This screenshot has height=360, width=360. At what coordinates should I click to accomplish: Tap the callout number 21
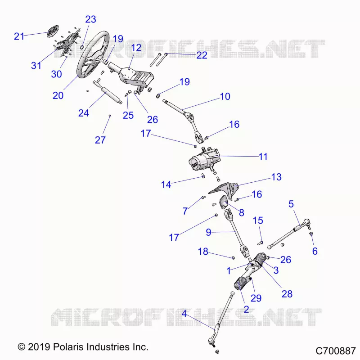pyautogui.click(x=19, y=36)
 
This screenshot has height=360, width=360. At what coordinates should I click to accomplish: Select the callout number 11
pyautogui.click(x=263, y=157)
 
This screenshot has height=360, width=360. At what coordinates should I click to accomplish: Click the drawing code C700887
pyautogui.click(x=336, y=351)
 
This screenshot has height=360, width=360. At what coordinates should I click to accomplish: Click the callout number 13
pyautogui.click(x=276, y=177)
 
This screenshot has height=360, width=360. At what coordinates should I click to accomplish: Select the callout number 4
pyautogui.click(x=184, y=313)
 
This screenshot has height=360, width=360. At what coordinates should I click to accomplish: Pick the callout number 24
pyautogui.click(x=84, y=113)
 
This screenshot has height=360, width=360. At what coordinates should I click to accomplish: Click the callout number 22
pyautogui.click(x=202, y=55)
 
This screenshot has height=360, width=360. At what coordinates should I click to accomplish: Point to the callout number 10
pyautogui.click(x=225, y=96)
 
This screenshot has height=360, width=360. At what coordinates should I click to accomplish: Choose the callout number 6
pyautogui.click(x=315, y=251)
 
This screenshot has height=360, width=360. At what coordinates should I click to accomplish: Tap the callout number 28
pyautogui.click(x=287, y=294)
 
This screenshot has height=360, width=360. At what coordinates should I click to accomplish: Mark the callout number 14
pyautogui.click(x=166, y=184)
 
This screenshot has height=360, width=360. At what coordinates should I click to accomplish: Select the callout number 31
pyautogui.click(x=36, y=66)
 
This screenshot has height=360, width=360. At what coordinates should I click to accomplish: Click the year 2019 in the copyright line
pyautogui.click(x=39, y=346)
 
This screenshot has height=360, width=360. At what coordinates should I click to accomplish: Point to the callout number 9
pyautogui.click(x=208, y=232)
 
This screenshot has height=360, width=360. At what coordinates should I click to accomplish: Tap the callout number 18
pyautogui.click(x=203, y=252)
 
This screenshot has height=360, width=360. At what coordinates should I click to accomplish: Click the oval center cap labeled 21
pyautogui.click(x=53, y=31)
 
